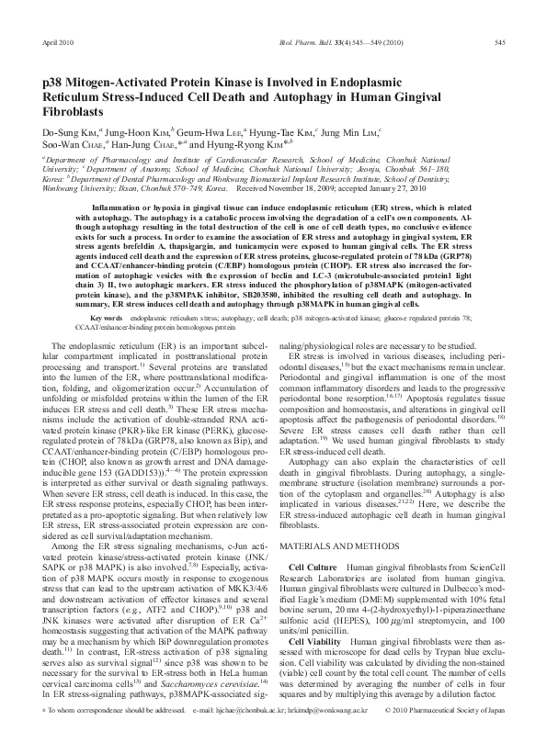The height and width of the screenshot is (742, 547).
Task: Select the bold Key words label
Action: [82, 316]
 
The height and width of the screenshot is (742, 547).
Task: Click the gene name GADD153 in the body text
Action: [120, 445]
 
